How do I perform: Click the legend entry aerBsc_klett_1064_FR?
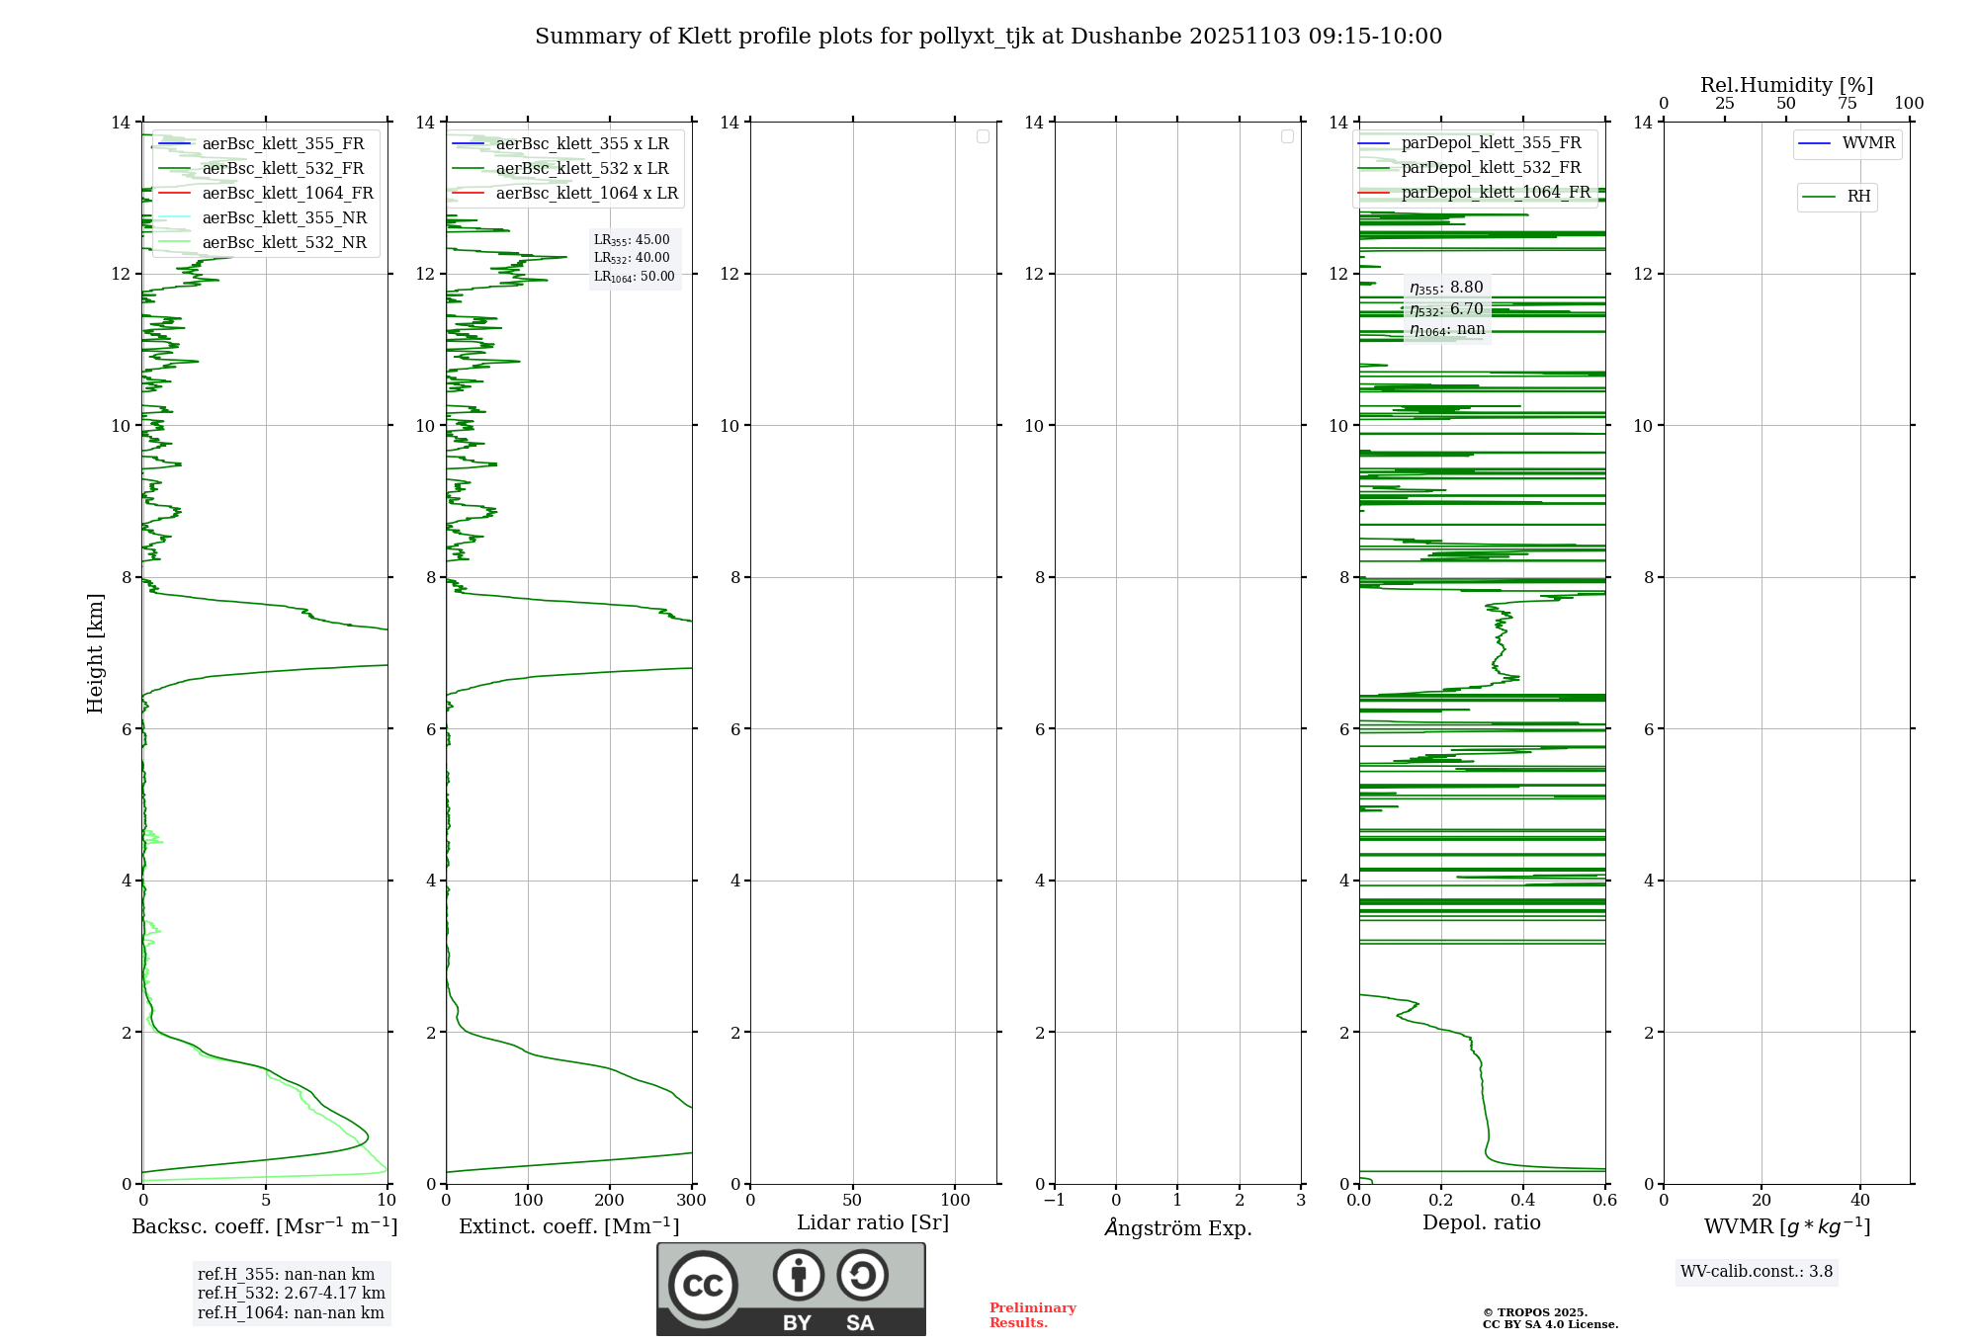tap(287, 194)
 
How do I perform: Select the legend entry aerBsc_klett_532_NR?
tap(284, 243)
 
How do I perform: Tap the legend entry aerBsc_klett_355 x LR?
tap(581, 144)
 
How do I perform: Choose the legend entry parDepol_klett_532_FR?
tap(1491, 168)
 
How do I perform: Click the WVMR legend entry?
tap(1867, 143)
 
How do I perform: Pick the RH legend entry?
tap(1857, 197)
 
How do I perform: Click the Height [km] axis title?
tap(95, 652)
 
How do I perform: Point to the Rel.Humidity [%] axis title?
tap(1786, 85)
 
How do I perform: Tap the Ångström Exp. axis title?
tap(1177, 1228)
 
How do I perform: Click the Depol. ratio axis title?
tap(1481, 1222)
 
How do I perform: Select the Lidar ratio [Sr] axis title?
tap(872, 1222)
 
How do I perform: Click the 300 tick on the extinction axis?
tap(691, 1201)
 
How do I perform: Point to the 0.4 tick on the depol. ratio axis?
tap(1522, 1201)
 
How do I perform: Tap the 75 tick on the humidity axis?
tap(1847, 104)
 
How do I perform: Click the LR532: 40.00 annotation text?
tap(632, 258)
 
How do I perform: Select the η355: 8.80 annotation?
tap(1446, 288)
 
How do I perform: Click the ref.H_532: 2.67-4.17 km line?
tap(291, 1294)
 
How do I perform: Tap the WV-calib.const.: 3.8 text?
tap(1756, 1272)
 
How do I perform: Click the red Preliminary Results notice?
tap(1032, 1315)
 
